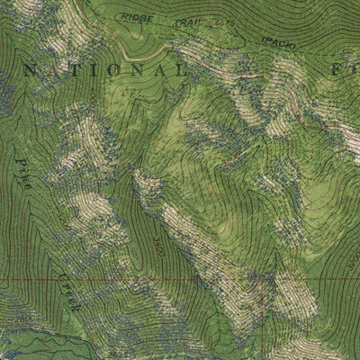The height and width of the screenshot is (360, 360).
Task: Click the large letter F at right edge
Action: point(352,68)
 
